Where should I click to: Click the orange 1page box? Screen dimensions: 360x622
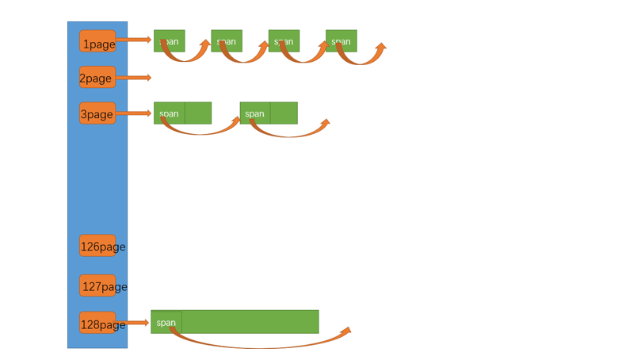click(x=97, y=41)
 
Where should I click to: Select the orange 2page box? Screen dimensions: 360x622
click(x=97, y=77)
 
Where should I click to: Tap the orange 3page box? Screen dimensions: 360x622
click(x=97, y=113)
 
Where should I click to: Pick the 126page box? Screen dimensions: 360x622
click(x=97, y=246)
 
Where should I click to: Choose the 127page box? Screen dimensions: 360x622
click(x=97, y=285)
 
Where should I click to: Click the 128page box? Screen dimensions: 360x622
click(x=97, y=323)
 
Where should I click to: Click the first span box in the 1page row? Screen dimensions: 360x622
click(x=170, y=41)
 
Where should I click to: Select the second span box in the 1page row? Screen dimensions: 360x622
click(x=227, y=41)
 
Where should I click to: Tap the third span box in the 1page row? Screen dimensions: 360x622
click(x=284, y=41)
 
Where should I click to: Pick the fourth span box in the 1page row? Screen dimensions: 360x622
click(x=341, y=41)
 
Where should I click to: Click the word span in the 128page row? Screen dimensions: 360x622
click(x=166, y=323)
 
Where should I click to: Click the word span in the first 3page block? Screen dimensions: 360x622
click(x=169, y=113)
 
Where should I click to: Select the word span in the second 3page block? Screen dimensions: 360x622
click(x=254, y=113)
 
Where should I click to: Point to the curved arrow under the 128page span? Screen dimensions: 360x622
click(x=261, y=346)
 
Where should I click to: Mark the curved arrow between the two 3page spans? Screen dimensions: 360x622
click(x=200, y=132)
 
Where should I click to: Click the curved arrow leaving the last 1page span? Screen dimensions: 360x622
click(x=362, y=60)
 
